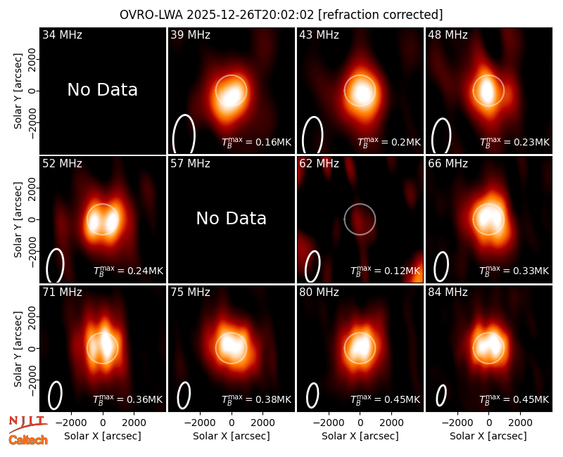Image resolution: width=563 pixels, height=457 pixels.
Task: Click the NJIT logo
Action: pyautogui.click(x=27, y=424)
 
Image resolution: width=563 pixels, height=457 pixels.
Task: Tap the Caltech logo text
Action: pyautogui.click(x=28, y=440)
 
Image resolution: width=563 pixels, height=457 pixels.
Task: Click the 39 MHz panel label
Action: pyautogui.click(x=190, y=34)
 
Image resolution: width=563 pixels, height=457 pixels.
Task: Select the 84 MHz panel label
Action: pyautogui.click(x=448, y=292)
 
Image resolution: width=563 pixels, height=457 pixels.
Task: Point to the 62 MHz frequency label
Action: pyautogui.click(x=320, y=164)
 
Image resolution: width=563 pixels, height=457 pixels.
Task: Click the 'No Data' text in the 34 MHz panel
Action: pyautogui.click(x=102, y=89)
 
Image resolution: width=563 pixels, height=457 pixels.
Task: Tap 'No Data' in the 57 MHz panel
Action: pyautogui.click(x=232, y=218)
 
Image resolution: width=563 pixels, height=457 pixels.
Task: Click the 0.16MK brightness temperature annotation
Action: pyautogui.click(x=256, y=142)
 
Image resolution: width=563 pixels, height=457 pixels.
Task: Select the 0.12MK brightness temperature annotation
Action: pyautogui.click(x=385, y=270)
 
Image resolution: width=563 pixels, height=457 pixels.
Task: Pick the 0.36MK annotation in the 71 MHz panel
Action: pyautogui.click(x=128, y=399)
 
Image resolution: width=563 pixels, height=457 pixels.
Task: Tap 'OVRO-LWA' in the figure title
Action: pyautogui.click(x=151, y=15)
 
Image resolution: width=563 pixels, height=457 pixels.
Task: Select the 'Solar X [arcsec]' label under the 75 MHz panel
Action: pyautogui.click(x=232, y=436)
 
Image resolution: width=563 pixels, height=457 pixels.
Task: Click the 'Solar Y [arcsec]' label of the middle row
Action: pyautogui.click(x=18, y=219)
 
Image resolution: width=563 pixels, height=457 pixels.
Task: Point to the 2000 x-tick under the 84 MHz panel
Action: pyautogui.click(x=520, y=423)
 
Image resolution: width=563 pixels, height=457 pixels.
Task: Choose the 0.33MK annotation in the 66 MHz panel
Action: pyautogui.click(x=514, y=270)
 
